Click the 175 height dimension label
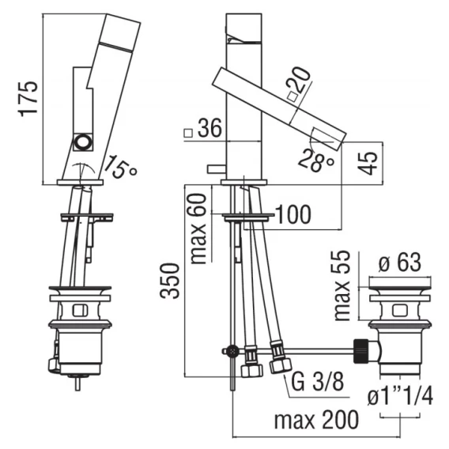28,99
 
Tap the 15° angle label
119,167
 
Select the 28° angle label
316,160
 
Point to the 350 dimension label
170,281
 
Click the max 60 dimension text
198,228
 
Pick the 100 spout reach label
294,214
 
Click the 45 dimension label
368,163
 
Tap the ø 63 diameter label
400,262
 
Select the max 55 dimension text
342,285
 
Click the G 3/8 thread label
317,382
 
